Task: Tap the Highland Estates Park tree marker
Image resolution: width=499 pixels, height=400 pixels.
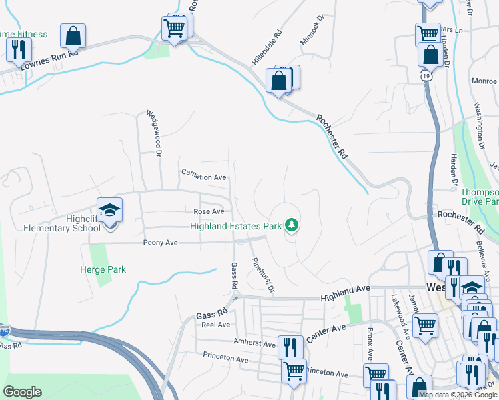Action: click(291, 226)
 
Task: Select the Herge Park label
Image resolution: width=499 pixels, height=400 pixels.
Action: click(104, 269)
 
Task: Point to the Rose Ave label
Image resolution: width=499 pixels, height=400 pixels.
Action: click(209, 211)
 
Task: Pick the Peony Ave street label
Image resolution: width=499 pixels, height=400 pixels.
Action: click(160, 243)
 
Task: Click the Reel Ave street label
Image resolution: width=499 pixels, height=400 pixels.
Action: click(215, 325)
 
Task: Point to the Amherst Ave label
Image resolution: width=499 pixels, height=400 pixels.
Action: click(254, 344)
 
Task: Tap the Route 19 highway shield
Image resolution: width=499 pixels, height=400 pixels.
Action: click(426, 77)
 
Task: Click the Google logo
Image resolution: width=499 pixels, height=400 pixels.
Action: click(22, 392)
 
